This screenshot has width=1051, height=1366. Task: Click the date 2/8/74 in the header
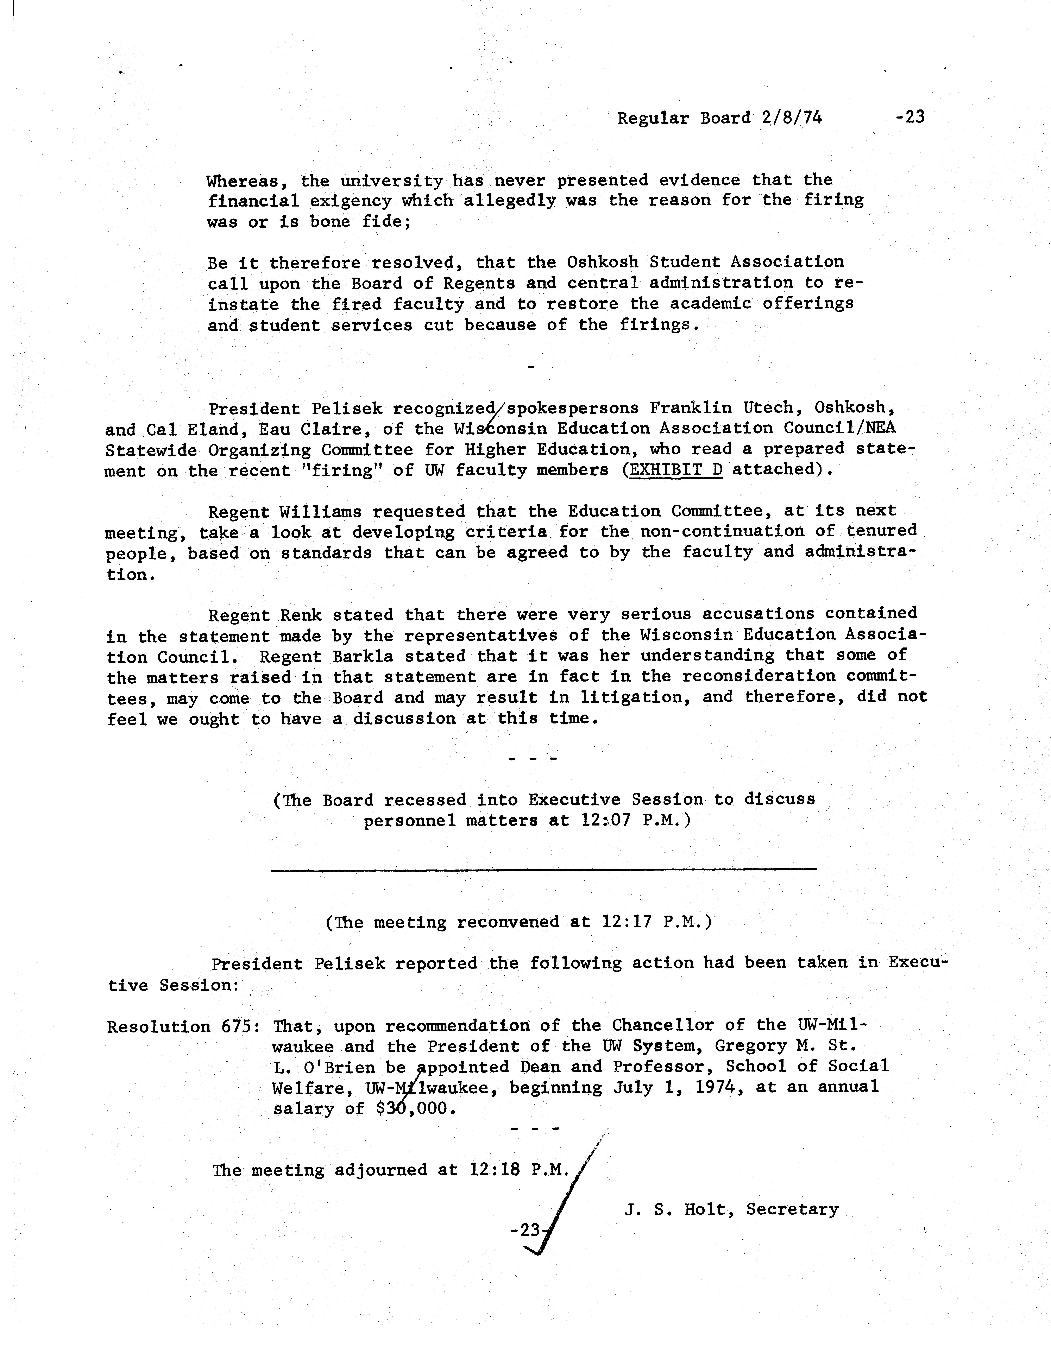point(792,118)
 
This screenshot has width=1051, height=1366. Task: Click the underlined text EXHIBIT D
point(676,470)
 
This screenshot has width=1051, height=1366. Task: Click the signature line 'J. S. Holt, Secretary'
point(731,1209)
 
